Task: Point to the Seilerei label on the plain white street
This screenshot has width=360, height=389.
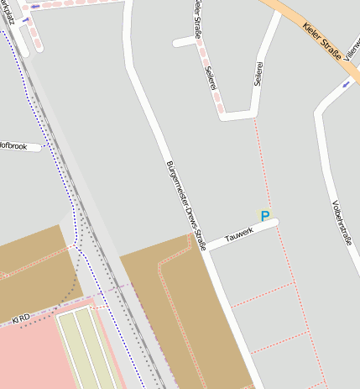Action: coord(258,73)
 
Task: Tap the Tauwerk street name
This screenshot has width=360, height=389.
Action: coord(238,234)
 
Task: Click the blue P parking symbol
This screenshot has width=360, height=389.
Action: coord(265,217)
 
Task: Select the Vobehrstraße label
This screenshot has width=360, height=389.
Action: coord(342,226)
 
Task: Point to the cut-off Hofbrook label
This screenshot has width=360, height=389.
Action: coord(13,147)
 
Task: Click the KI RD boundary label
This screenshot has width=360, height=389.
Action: coord(20,318)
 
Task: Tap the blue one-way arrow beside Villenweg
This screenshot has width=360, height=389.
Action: coord(347,84)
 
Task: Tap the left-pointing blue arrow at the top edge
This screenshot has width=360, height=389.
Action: coord(25,18)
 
